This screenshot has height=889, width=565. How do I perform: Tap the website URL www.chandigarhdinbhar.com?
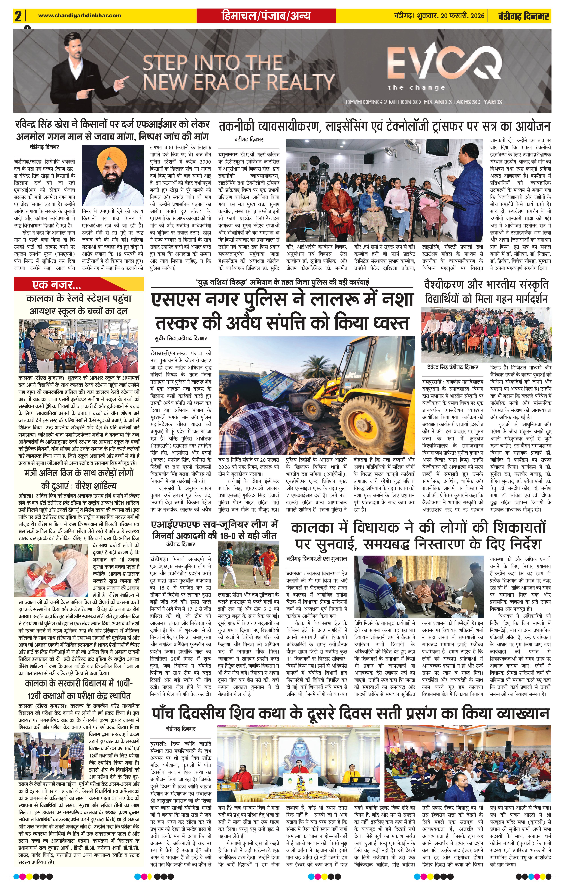click(79, 15)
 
